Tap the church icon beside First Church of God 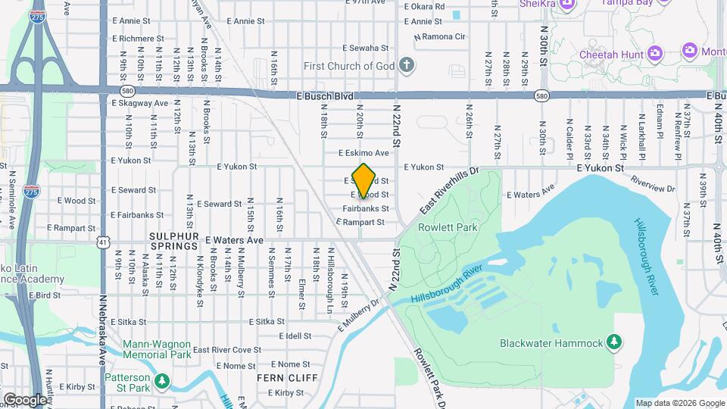point(407,64)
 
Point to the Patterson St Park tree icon point(161,380)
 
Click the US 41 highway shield point(101,242)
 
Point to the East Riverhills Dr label point(451,190)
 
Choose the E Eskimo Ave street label point(363,153)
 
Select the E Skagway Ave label point(139,103)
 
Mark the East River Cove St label point(227,350)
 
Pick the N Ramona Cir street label point(439,36)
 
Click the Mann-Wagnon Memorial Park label point(157,348)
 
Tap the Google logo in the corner point(24,400)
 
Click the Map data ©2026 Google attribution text point(679,403)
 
